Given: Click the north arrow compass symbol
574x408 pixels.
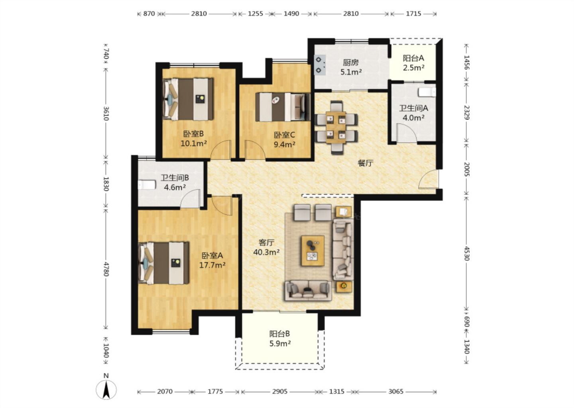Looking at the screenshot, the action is coord(106,390).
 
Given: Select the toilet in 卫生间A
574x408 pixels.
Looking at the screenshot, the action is coord(427,92).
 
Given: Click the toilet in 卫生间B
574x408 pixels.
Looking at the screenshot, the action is coord(147,184).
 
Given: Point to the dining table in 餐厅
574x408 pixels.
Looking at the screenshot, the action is coord(336,127).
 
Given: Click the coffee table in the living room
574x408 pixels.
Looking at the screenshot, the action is coord(313,251).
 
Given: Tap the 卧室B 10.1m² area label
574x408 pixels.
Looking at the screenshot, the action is coord(194,139).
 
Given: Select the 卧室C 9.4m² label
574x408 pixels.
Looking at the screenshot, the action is coord(285,139).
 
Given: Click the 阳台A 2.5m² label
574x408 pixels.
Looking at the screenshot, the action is coord(413,63).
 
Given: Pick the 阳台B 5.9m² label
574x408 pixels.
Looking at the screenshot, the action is coord(280,339).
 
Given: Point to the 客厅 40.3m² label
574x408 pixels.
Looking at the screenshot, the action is coord(266,247).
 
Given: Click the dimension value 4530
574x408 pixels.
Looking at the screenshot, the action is coord(467,253).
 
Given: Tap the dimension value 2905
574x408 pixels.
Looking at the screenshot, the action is coord(279,392).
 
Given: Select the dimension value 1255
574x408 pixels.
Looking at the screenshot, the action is coord(255,14).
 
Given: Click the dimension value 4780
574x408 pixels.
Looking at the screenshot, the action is coord(106,269).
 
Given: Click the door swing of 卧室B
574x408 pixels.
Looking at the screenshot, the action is coord(221,150).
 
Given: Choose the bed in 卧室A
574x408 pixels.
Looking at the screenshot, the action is coord(163,263).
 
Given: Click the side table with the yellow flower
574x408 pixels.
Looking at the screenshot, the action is coord(344,286).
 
